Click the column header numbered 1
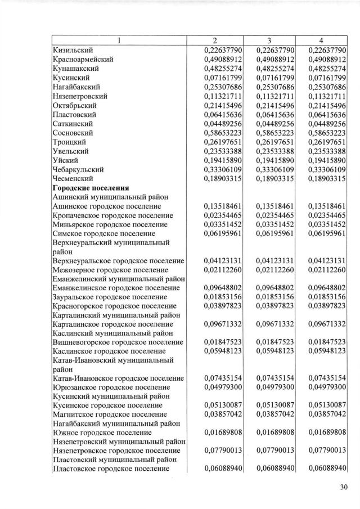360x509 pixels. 119,41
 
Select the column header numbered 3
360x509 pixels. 269,41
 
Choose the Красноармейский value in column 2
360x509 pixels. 223,60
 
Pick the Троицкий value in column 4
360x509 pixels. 326,142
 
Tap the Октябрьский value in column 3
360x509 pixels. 274,105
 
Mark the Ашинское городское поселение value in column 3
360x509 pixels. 274,206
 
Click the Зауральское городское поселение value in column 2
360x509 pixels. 223,297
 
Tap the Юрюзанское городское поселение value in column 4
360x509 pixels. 326,388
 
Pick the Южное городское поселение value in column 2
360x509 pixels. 223,433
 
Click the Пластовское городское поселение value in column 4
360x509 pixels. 326,470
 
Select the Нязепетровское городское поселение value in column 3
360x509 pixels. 274,452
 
